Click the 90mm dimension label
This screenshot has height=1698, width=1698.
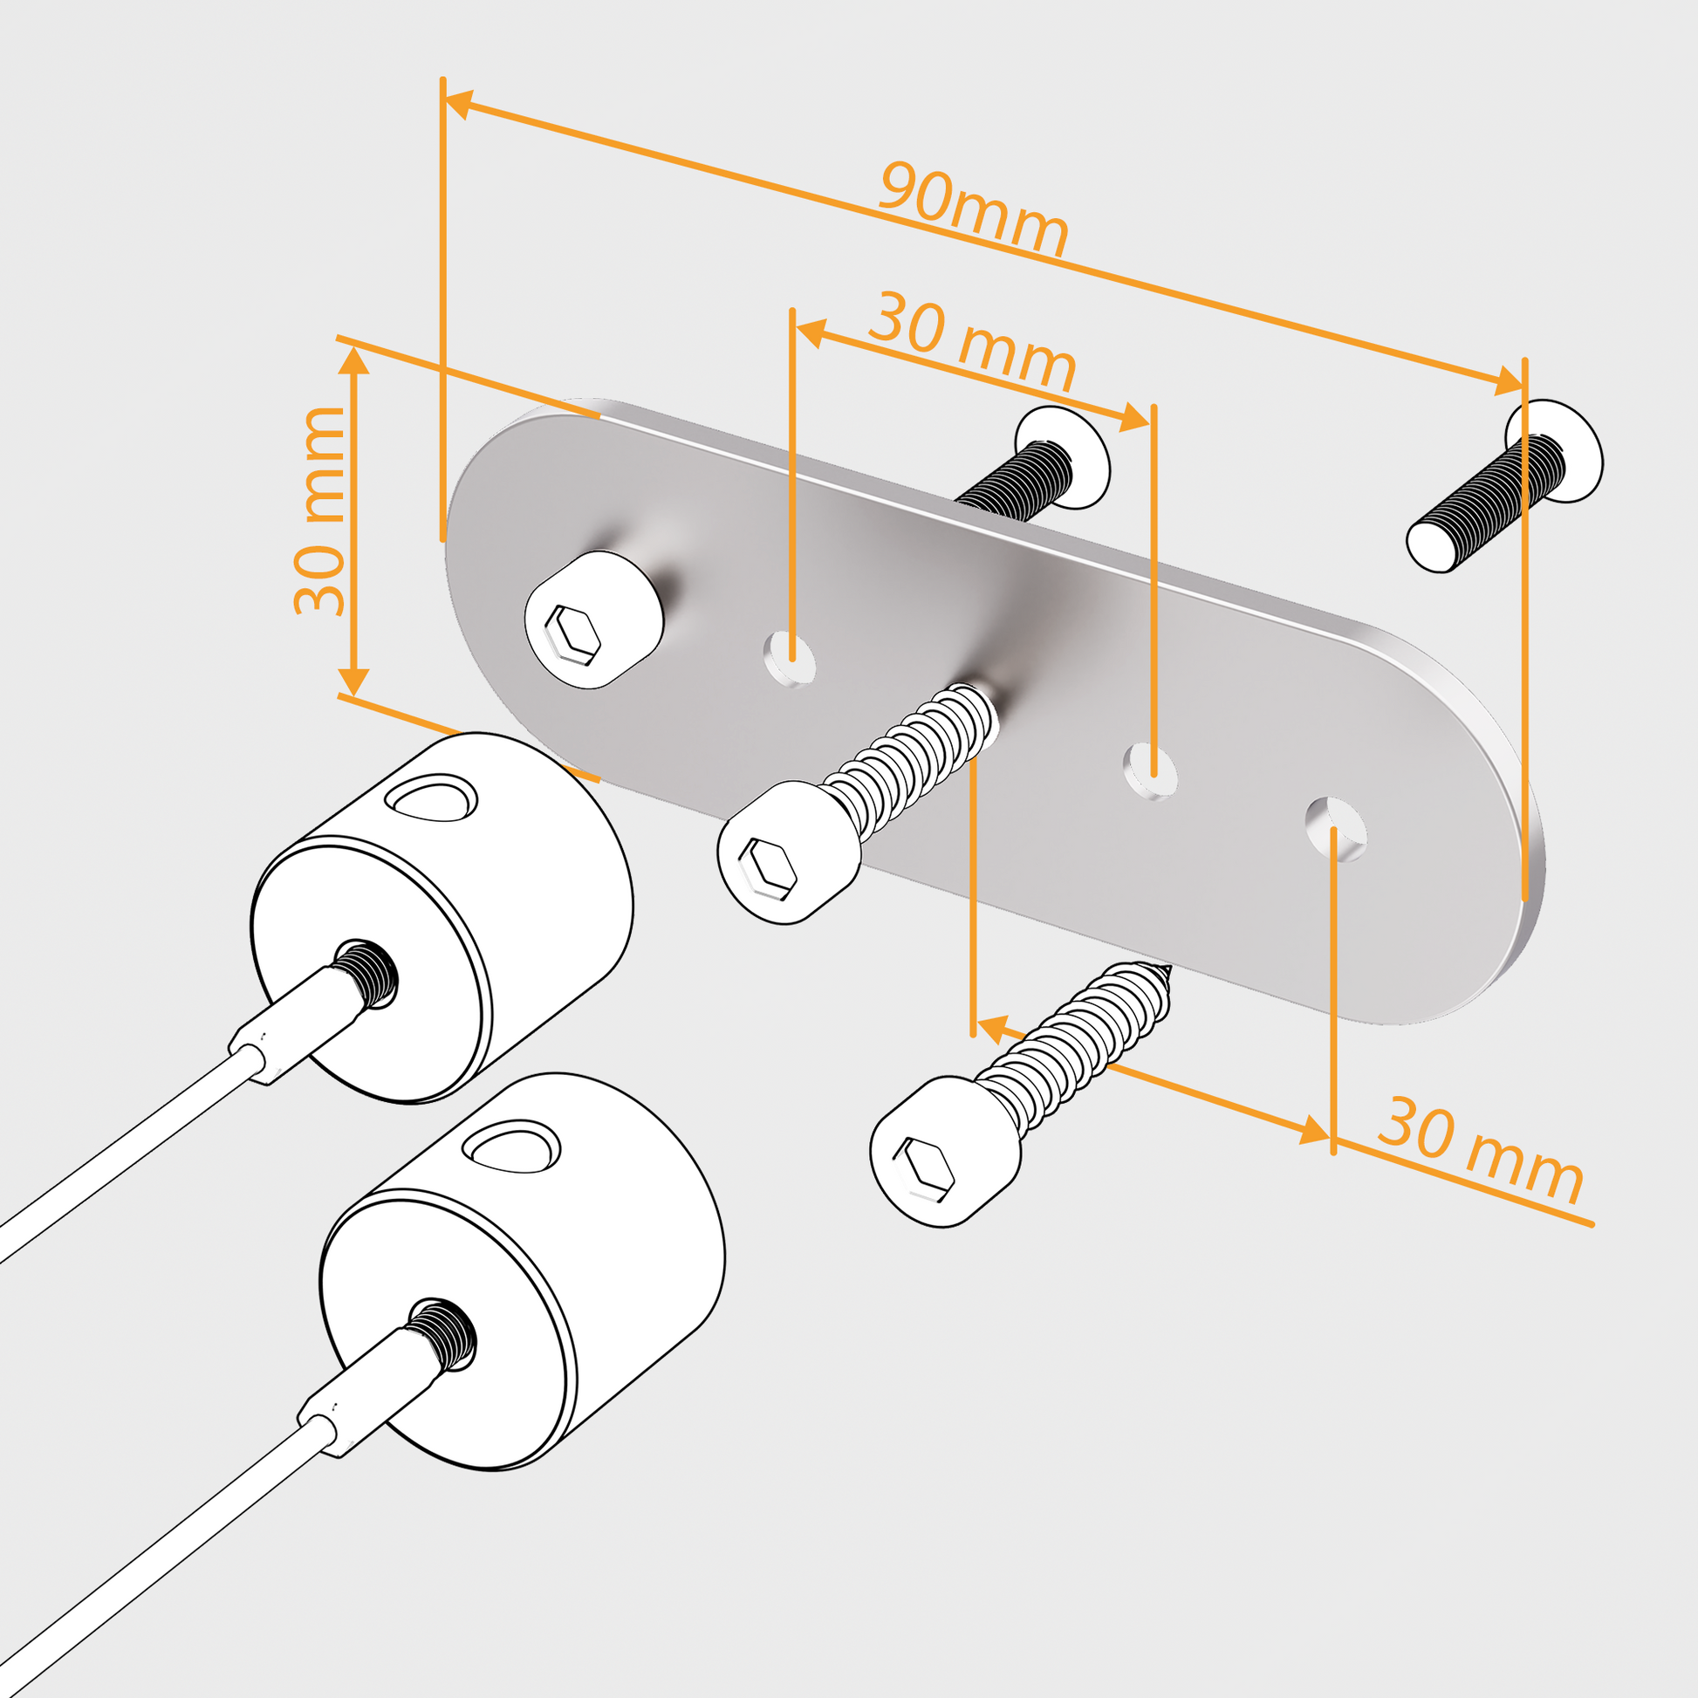(x=974, y=209)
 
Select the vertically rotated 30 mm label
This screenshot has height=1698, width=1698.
(x=320, y=510)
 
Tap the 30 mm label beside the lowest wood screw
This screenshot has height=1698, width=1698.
(x=1481, y=1151)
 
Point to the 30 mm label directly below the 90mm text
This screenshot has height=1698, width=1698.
(x=971, y=341)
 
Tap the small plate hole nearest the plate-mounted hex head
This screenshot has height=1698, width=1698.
(x=790, y=657)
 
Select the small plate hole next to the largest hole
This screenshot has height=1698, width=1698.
(x=1150, y=770)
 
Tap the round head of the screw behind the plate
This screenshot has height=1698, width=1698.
(x=1063, y=457)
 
